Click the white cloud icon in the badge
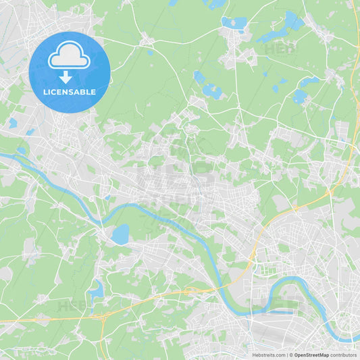point(69,55)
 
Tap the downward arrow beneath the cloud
point(66,76)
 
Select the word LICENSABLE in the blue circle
point(69,92)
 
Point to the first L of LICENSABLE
point(45,92)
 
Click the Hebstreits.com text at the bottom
point(268,355)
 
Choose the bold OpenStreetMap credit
point(311,355)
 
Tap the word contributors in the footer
point(343,355)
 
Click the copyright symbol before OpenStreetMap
point(291,355)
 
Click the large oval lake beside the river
point(120,234)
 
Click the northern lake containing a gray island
point(234,24)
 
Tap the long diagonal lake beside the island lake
point(277,30)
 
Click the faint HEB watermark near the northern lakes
point(280,49)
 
